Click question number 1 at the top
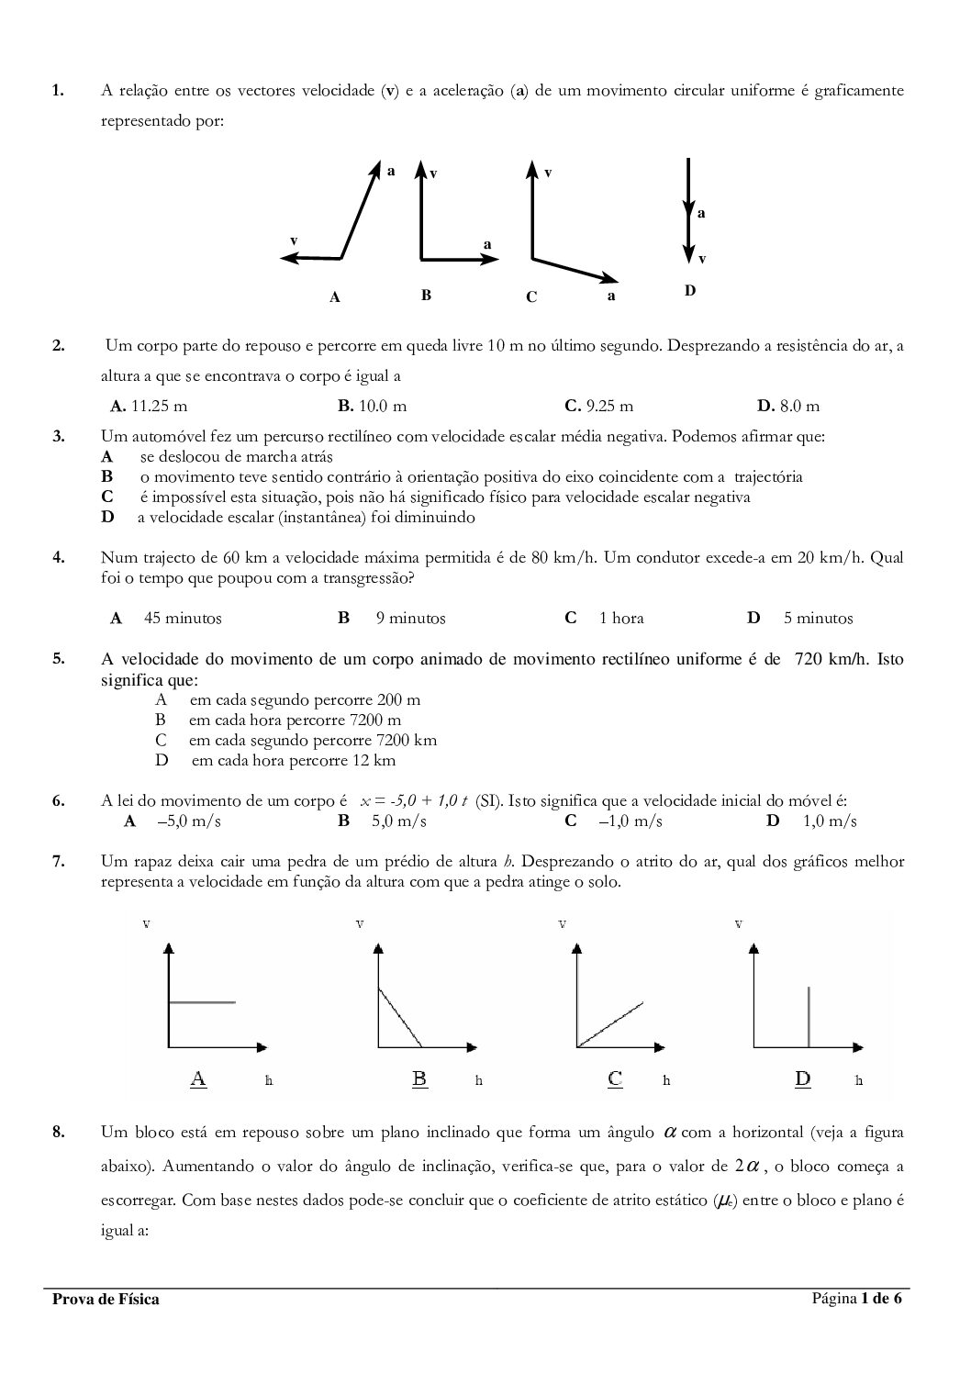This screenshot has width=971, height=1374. click(x=58, y=90)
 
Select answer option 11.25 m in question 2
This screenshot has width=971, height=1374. click(x=149, y=406)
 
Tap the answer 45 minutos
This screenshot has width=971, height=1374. click(x=182, y=619)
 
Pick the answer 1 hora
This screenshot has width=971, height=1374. click(x=621, y=619)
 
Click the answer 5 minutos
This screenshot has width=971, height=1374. click(x=818, y=619)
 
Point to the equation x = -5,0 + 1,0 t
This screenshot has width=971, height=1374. click(x=415, y=801)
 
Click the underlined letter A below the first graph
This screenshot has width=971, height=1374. click(x=198, y=1078)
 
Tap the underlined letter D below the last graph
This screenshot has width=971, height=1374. click(x=803, y=1078)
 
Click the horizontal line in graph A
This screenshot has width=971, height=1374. click(x=203, y=1002)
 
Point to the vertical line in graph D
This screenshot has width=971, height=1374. click(x=809, y=1016)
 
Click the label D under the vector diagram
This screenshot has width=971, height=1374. click(x=690, y=291)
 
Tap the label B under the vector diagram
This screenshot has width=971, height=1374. click(x=426, y=296)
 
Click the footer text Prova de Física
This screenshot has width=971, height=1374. click(x=106, y=1299)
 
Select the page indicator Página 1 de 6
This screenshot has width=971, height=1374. click(x=856, y=1298)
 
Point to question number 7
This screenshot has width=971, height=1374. click(x=58, y=861)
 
